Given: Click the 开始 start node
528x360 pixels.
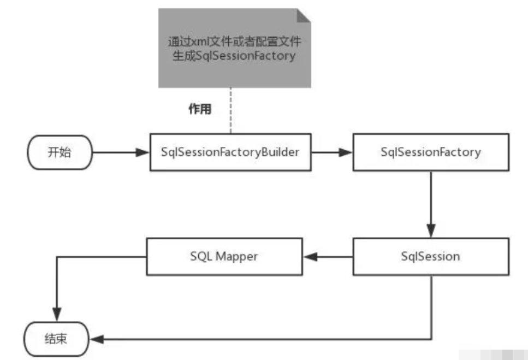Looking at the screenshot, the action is point(60,152).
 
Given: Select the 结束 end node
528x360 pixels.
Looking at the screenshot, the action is point(56,339).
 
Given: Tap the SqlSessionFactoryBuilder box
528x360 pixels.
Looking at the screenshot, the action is point(230,152).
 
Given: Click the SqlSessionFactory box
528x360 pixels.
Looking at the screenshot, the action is point(431,152).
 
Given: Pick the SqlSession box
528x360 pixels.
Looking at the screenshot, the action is point(431,257).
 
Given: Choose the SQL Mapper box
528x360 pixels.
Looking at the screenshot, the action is point(224,257).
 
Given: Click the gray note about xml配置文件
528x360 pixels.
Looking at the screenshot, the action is point(234,48).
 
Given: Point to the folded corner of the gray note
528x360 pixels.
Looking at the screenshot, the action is point(304,15).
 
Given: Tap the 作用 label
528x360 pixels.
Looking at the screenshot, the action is point(200,109).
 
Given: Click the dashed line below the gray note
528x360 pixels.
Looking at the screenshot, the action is point(230,111).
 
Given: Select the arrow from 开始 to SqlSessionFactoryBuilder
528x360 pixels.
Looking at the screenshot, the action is point(121,152).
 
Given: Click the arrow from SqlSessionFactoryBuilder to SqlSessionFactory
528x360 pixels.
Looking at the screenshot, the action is point(332,152).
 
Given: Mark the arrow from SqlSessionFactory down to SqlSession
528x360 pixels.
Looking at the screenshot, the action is point(431,204).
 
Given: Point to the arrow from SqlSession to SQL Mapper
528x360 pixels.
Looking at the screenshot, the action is point(328,257).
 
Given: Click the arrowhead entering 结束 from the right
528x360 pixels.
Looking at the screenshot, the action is point(97,339).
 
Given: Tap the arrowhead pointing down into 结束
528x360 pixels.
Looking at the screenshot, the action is point(57,314).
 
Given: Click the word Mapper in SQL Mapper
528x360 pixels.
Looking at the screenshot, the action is point(237,257).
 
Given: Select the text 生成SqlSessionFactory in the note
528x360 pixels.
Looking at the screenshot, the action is point(234,56).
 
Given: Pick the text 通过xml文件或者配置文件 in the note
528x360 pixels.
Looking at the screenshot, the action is point(234,42).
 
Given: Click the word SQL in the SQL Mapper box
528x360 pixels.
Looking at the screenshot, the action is point(201,256).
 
